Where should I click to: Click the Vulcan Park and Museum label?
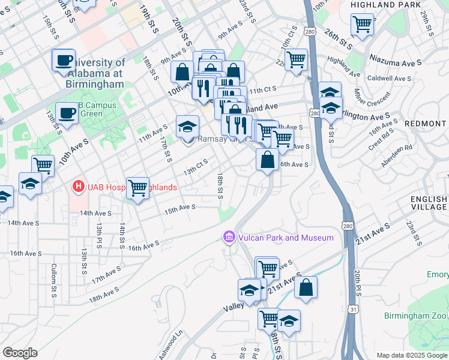click(285, 238)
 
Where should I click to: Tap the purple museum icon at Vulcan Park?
click(228, 238)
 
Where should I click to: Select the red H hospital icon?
click(77, 187)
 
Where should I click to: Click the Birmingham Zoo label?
click(416, 316)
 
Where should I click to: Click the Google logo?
click(20, 352)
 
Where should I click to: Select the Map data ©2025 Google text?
click(412, 355)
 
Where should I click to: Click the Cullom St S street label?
click(53, 275)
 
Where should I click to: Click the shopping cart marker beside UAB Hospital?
click(138, 188)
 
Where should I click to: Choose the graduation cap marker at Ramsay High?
click(188, 127)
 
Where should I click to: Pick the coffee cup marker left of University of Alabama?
click(64, 60)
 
